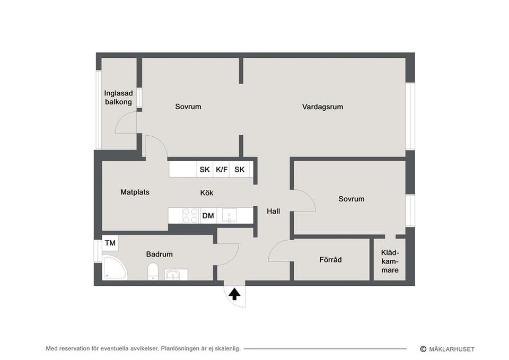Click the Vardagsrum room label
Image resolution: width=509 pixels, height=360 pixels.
pyautogui.click(x=322, y=107)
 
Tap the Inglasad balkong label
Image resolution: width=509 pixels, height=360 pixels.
pyautogui.click(x=118, y=98)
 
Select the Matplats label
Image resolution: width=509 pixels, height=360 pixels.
pyautogui.click(x=135, y=192)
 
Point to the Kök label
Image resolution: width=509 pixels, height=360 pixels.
pyautogui.click(x=207, y=193)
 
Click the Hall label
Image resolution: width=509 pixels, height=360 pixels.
pyautogui.click(x=274, y=211)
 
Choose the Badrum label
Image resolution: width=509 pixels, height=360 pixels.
pyautogui.click(x=160, y=254)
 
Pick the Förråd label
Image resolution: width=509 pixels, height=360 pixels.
pyautogui.click(x=330, y=260)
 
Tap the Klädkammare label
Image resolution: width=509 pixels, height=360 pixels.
pyautogui.click(x=390, y=261)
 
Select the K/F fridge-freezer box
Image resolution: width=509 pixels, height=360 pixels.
pyautogui.click(x=222, y=170)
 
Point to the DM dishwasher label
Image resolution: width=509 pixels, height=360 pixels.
pyautogui.click(x=208, y=216)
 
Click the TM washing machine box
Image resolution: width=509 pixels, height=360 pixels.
pyautogui.click(x=110, y=243)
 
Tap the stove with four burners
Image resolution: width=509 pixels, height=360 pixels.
pyautogui.click(x=190, y=215)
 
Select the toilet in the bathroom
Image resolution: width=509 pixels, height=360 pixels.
pyautogui.click(x=153, y=271)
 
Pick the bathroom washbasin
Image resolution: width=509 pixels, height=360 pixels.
pyautogui.click(x=176, y=274)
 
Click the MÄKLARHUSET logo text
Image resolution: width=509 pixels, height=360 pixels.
pyautogui.click(x=452, y=349)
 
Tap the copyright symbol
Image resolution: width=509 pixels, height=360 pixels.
pyautogui.click(x=423, y=349)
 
